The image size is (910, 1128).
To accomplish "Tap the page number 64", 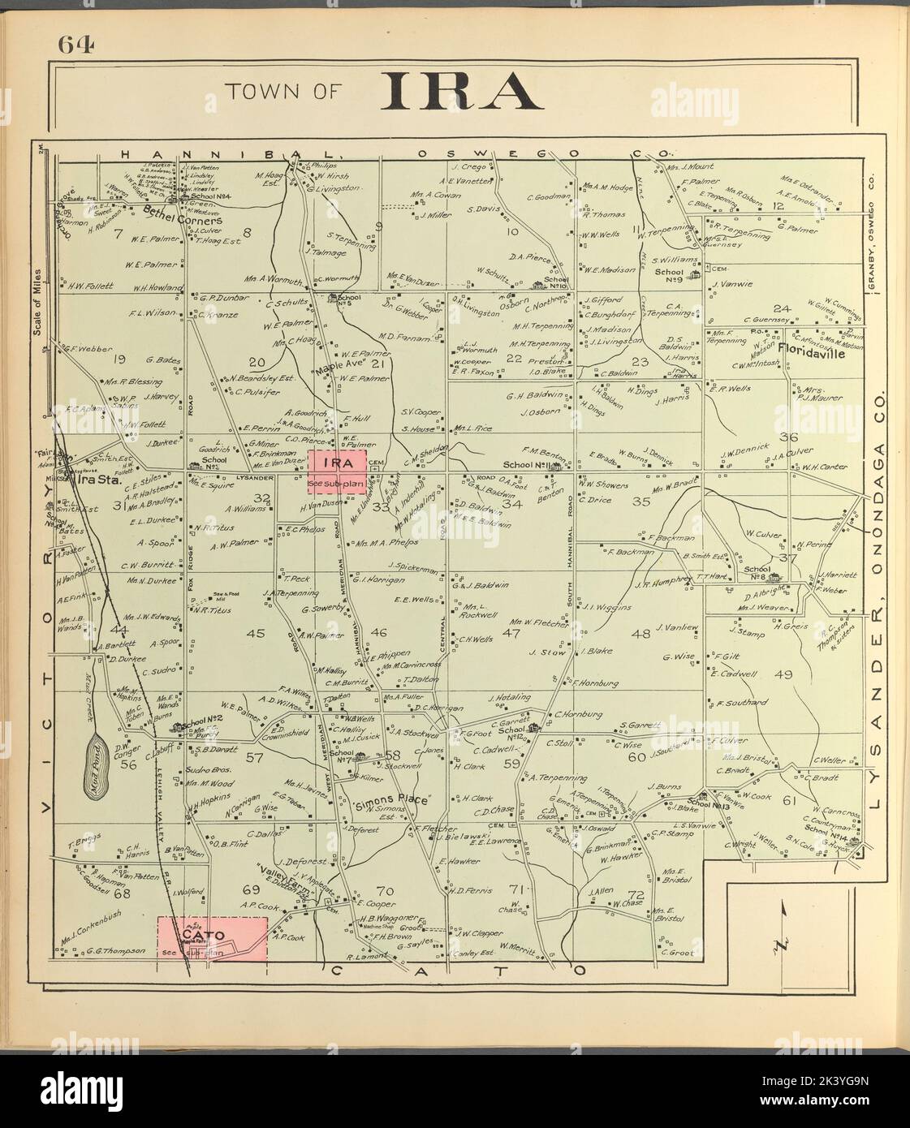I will pyautogui.click(x=75, y=45).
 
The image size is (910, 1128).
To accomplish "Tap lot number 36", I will pyautogui.click(x=787, y=437).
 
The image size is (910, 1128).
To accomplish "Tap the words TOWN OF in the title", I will pyautogui.click(x=283, y=92).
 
